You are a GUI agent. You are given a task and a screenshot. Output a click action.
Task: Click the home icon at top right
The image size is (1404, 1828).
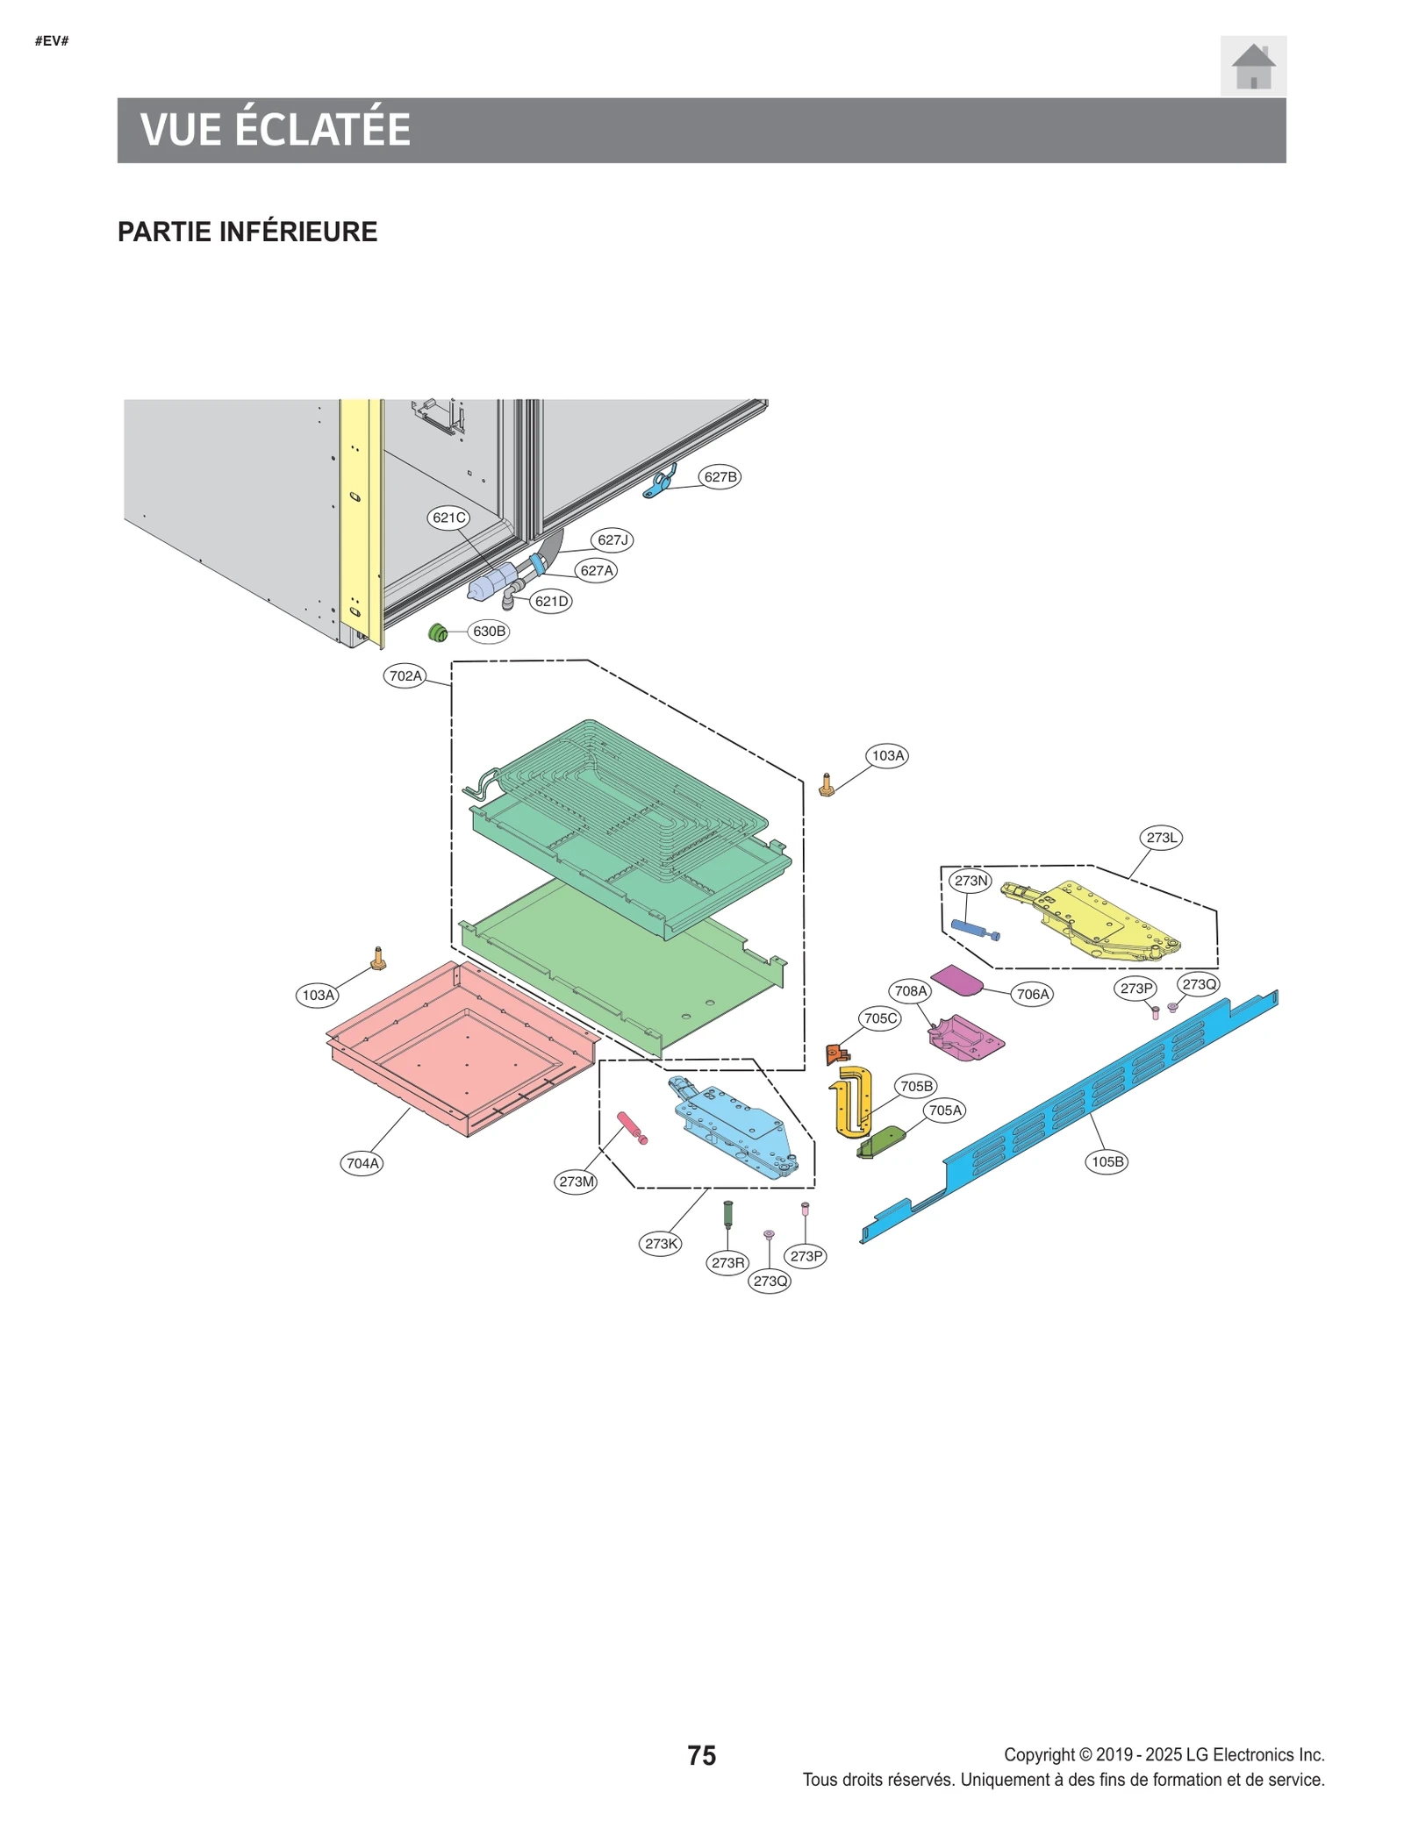point(1252,66)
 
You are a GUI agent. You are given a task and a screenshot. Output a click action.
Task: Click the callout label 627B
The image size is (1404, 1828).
point(720,476)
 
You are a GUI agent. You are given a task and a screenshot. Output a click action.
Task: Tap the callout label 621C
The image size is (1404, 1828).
point(448,518)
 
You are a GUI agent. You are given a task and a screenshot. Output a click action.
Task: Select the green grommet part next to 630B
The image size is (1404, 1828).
point(437,632)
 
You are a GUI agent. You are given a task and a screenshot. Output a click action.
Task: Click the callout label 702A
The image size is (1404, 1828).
point(405,675)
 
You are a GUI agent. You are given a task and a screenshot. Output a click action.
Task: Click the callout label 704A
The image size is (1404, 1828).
point(362,1163)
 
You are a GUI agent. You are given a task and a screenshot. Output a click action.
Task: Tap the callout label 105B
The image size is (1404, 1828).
point(1107,1161)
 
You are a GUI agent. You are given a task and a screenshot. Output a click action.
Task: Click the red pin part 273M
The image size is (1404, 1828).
point(631,1126)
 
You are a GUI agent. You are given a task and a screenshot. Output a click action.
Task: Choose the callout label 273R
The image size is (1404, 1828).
point(727,1262)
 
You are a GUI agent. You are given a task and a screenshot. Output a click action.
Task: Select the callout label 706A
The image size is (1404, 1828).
point(1032,994)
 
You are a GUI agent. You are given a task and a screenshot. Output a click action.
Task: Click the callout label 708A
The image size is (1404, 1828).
point(910,990)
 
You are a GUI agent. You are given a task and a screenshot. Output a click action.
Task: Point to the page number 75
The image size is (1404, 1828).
point(701,1754)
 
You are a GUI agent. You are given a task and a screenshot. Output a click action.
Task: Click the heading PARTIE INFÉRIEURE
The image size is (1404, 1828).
point(247,232)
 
